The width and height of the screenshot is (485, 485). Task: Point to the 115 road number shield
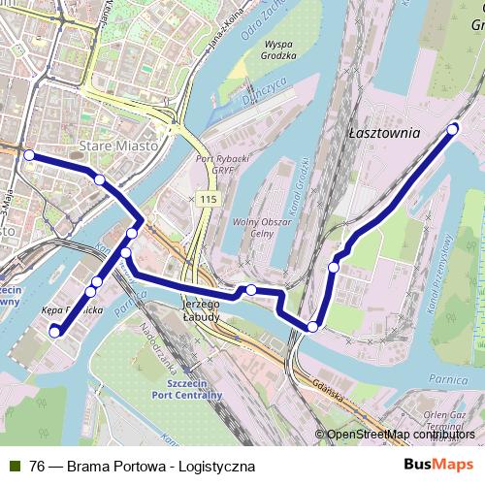click(208, 199)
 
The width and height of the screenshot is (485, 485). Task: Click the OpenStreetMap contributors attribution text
click(400, 435)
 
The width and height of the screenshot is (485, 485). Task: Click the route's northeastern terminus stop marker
click(452, 128)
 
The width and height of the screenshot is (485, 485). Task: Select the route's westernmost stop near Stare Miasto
click(29, 155)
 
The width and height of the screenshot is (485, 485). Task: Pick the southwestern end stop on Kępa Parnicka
click(54, 332)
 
